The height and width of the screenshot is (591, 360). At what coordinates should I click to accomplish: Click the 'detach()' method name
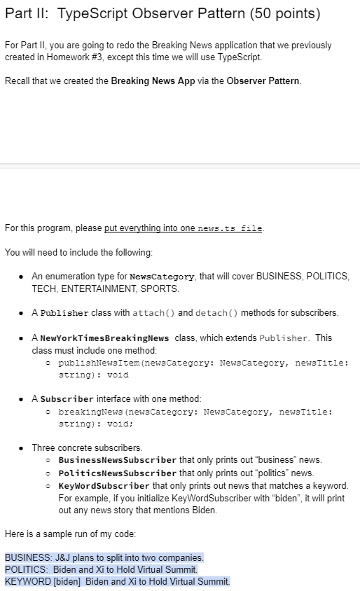[219, 312]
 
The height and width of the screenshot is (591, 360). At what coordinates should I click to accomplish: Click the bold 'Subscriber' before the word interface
[67, 398]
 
